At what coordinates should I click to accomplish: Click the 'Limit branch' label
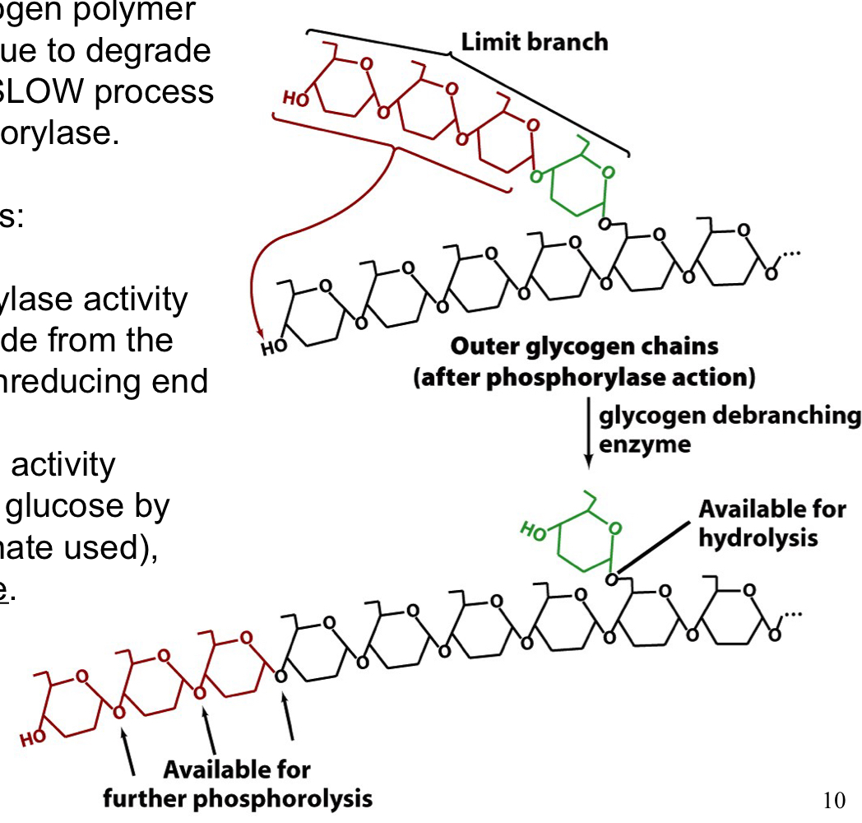(534, 41)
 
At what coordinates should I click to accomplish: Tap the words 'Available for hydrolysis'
(771, 523)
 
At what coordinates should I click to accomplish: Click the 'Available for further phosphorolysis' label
(237, 783)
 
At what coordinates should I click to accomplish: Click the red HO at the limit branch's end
(292, 99)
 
